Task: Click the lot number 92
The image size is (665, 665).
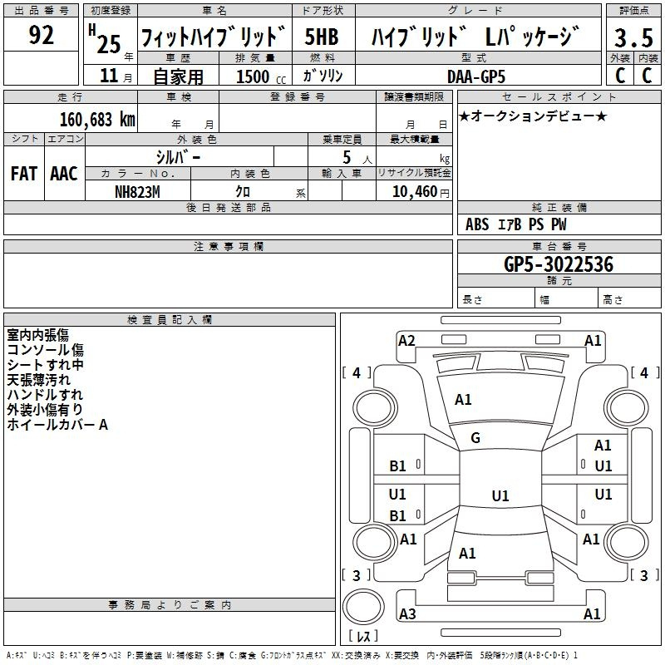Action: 41,35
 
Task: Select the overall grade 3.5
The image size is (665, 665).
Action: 633,37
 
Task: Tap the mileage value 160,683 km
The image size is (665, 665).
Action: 97,120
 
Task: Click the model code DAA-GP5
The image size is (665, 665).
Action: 476,76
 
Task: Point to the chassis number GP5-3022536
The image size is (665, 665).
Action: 559,264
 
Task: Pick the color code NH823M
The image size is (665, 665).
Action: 137,192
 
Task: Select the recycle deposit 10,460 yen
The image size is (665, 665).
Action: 421,192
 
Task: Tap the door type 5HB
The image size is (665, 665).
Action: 322,37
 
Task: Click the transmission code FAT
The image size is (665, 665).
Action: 24,174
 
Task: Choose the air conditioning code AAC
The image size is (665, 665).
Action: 64,174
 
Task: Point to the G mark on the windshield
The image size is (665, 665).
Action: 475,438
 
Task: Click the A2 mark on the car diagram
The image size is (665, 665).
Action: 406,341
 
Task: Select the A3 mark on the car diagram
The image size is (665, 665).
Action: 407,613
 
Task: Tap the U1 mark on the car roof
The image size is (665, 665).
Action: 500,495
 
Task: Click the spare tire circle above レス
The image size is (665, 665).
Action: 363,607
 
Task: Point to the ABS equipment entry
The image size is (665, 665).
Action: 477,224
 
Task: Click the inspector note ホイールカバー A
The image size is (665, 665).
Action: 57,425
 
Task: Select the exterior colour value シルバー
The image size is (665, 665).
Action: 178,158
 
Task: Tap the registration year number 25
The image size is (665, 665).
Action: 109,44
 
